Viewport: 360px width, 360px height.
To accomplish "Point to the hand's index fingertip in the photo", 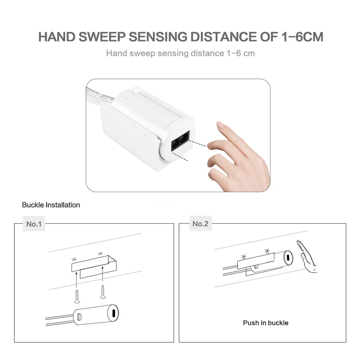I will click(x=219, y=125).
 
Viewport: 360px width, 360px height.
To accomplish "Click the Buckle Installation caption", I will click(x=51, y=205).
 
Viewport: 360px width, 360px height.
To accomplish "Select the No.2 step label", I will click(x=200, y=224).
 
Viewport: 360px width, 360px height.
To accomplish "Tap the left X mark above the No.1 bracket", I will click(x=73, y=260).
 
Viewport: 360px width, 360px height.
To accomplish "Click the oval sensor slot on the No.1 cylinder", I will click(x=113, y=313).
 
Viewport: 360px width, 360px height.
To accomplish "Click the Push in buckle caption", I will click(x=265, y=323).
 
